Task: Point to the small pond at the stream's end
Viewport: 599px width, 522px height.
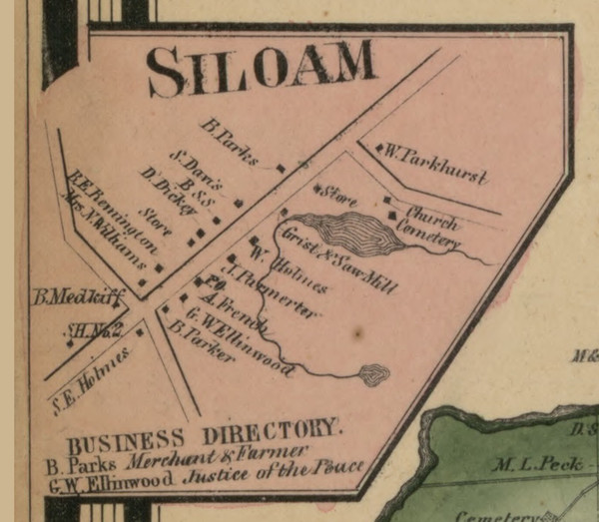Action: [374, 375]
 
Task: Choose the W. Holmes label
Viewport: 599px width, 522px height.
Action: [293, 270]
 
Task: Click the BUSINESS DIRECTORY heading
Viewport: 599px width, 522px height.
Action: [205, 436]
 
